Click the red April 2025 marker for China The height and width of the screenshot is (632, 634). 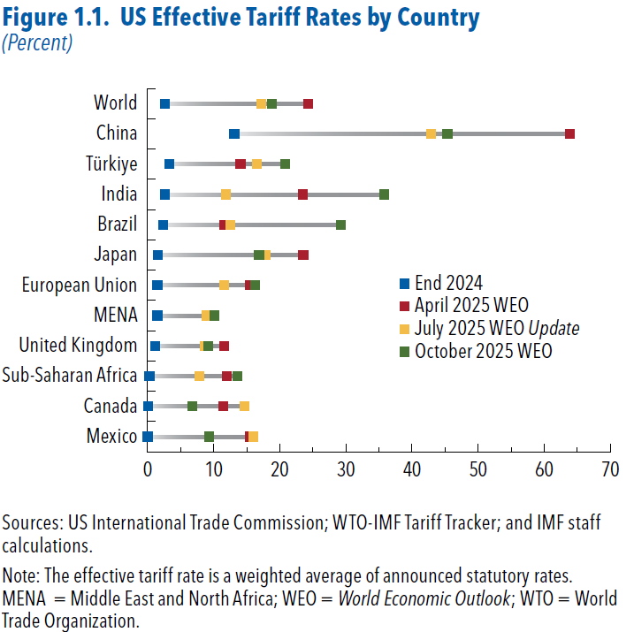[x=569, y=133]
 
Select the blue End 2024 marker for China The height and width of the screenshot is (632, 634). [x=234, y=133]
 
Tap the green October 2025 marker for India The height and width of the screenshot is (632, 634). [x=384, y=194]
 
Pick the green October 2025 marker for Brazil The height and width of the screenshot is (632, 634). [x=340, y=225]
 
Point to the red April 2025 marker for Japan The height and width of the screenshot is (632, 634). [x=303, y=255]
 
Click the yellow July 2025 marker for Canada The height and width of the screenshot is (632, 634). [x=244, y=406]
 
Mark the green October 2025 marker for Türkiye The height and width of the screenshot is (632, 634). [x=285, y=164]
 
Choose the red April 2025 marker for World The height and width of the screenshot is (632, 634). [x=308, y=103]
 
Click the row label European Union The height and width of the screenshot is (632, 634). [x=80, y=285]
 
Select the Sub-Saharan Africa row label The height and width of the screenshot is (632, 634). [x=70, y=376]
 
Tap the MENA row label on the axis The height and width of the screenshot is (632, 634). [x=116, y=315]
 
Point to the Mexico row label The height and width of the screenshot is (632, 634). [x=112, y=436]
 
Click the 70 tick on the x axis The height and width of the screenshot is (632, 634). [x=609, y=468]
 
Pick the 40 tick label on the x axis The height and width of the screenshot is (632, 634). [x=411, y=468]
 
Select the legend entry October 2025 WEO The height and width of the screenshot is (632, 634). [x=483, y=351]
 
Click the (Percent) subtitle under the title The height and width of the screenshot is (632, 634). [x=37, y=42]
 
